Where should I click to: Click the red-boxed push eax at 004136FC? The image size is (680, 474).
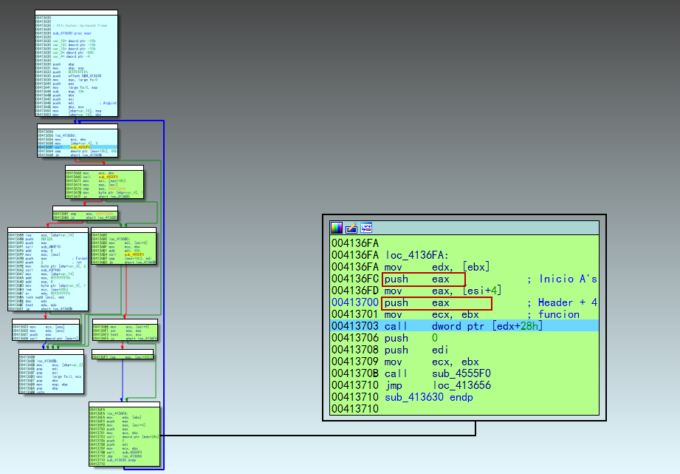(x=423, y=279)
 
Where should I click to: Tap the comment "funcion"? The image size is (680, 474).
(x=559, y=314)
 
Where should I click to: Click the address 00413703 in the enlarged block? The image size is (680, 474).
(x=354, y=326)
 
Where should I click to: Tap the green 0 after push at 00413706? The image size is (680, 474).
(x=436, y=338)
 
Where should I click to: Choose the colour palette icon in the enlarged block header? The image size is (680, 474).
(x=337, y=228)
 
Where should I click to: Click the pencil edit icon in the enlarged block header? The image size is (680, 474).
(x=351, y=228)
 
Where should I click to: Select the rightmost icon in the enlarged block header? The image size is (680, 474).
(x=366, y=228)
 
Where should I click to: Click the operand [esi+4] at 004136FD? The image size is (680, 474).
(x=482, y=291)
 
